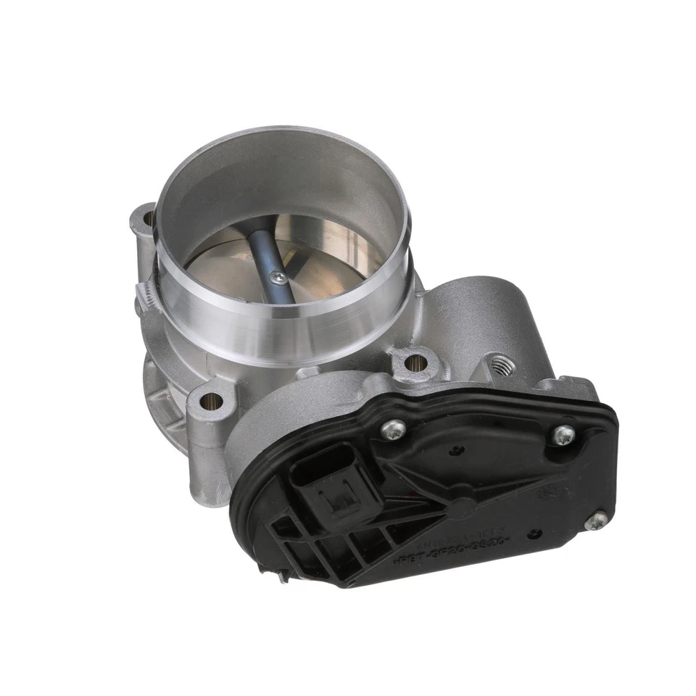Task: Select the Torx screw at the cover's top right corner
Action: click(563, 435)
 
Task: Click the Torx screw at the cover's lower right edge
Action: click(596, 520)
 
